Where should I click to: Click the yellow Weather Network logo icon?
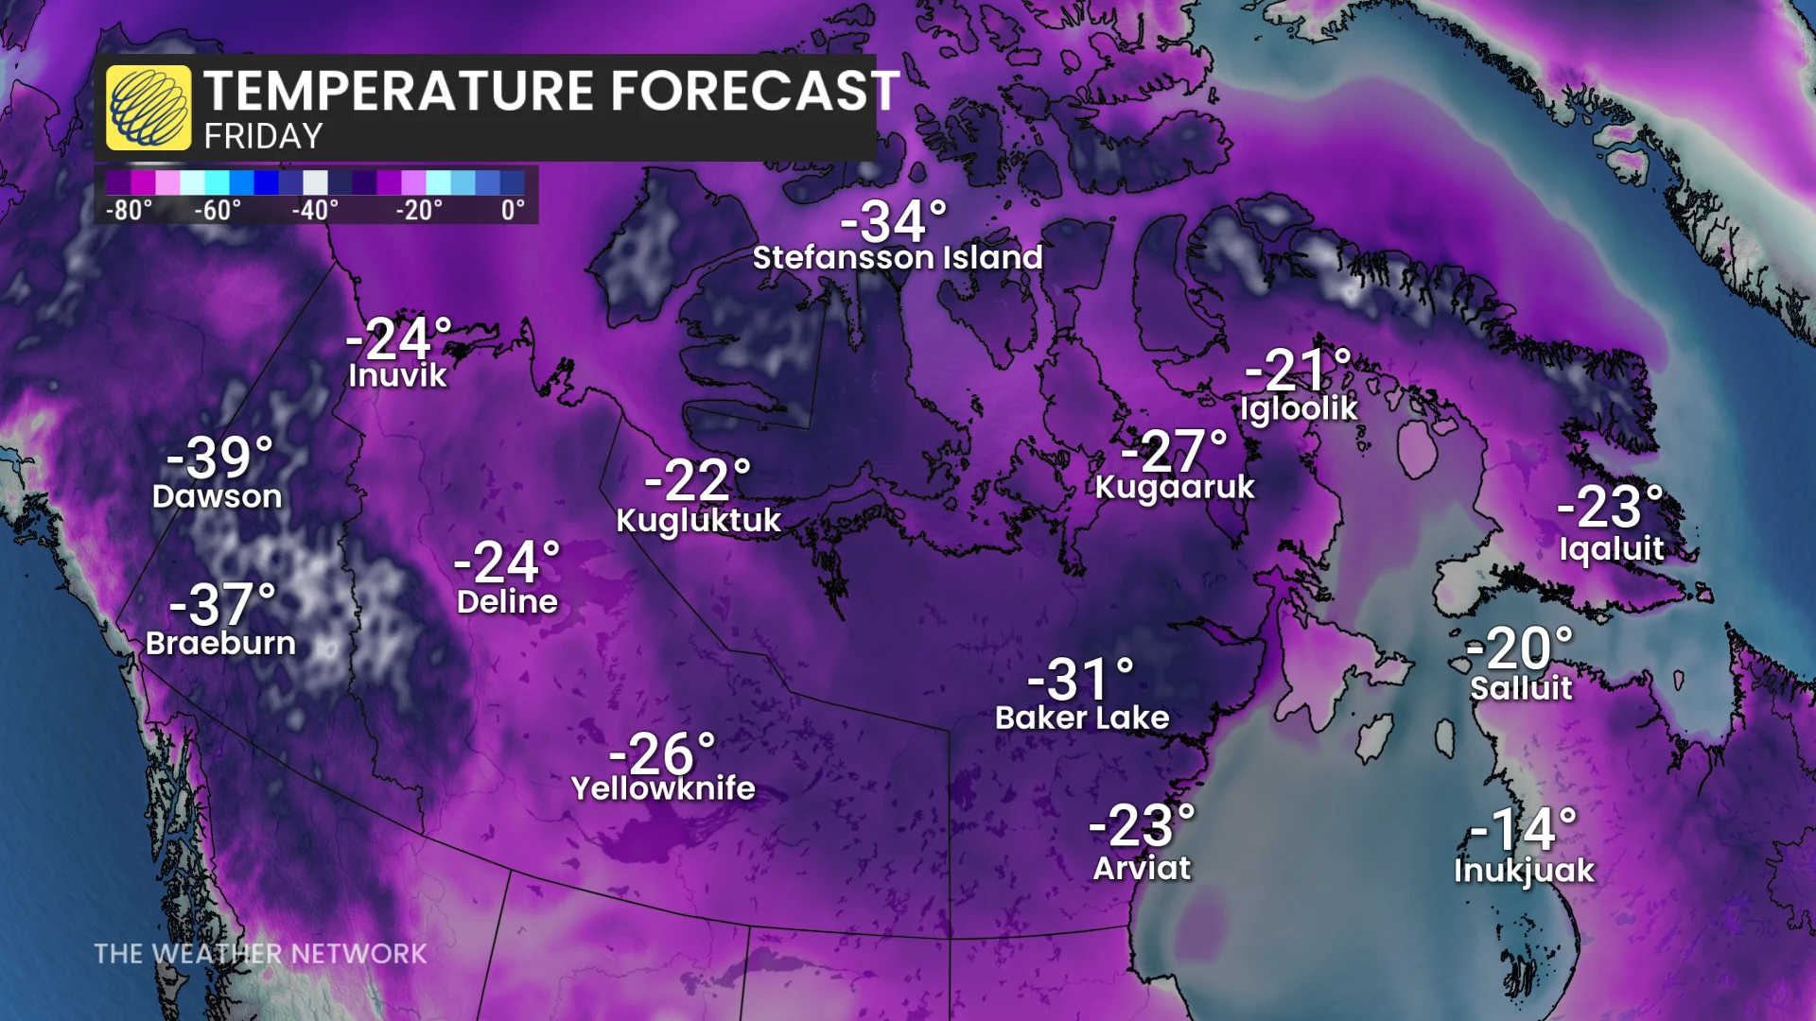[148, 108]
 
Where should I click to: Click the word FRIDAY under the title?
[263, 137]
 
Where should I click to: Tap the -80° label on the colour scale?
[129, 210]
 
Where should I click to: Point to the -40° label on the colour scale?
[315, 210]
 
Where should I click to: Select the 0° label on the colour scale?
[513, 210]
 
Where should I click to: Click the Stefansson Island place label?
[897, 257]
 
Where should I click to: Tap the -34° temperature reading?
[893, 222]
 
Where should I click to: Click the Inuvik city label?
[397, 375]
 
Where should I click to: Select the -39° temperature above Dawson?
[219, 459]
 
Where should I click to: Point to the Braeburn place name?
[220, 643]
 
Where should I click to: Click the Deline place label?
[507, 601]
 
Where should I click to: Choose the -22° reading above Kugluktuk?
[697, 481]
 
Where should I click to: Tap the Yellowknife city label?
[663, 787]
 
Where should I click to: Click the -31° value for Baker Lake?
[1080, 680]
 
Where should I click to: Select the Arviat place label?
[1142, 868]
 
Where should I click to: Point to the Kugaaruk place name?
[1175, 487]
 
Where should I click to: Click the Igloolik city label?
[1299, 408]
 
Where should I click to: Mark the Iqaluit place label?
[1611, 548]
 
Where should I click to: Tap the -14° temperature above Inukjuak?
[1524, 830]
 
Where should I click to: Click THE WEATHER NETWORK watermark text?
[260, 953]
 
